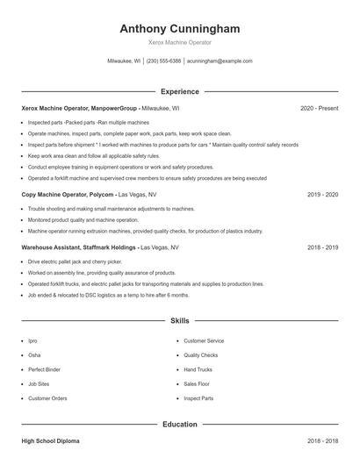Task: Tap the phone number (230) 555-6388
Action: click(x=164, y=61)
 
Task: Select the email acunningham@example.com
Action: click(x=220, y=61)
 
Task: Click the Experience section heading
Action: click(x=179, y=91)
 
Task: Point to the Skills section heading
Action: click(x=179, y=322)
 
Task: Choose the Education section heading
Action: click(x=179, y=425)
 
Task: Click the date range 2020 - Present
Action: click(x=319, y=108)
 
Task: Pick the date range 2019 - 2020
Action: click(x=322, y=194)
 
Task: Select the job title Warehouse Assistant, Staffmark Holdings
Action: click(x=77, y=247)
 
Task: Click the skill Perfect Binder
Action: click(x=45, y=369)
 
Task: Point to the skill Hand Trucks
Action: click(x=198, y=369)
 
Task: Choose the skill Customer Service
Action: click(x=204, y=340)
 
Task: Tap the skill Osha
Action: click(x=34, y=355)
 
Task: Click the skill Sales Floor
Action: click(x=197, y=383)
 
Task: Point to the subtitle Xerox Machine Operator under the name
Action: click(x=179, y=42)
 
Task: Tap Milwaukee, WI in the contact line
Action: click(x=124, y=61)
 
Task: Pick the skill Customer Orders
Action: click(x=47, y=398)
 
